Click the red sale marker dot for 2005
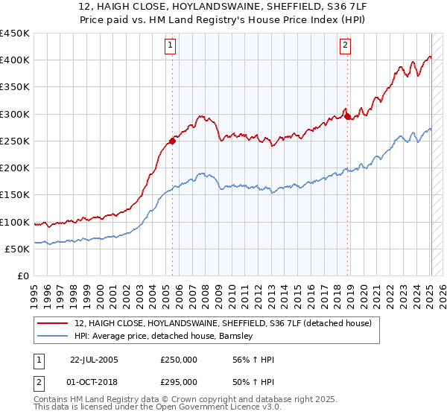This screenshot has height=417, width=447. (x=172, y=141)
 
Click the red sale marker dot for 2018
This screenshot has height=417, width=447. (x=347, y=116)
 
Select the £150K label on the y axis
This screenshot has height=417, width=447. (x=15, y=195)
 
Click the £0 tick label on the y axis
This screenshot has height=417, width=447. (x=22, y=276)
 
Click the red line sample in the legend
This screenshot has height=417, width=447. (x=54, y=323)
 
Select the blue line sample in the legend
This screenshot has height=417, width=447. (x=54, y=336)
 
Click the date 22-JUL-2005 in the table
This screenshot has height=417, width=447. (x=94, y=360)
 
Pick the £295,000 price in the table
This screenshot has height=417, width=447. (x=178, y=381)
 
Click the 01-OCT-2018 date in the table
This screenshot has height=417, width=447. (x=94, y=381)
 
